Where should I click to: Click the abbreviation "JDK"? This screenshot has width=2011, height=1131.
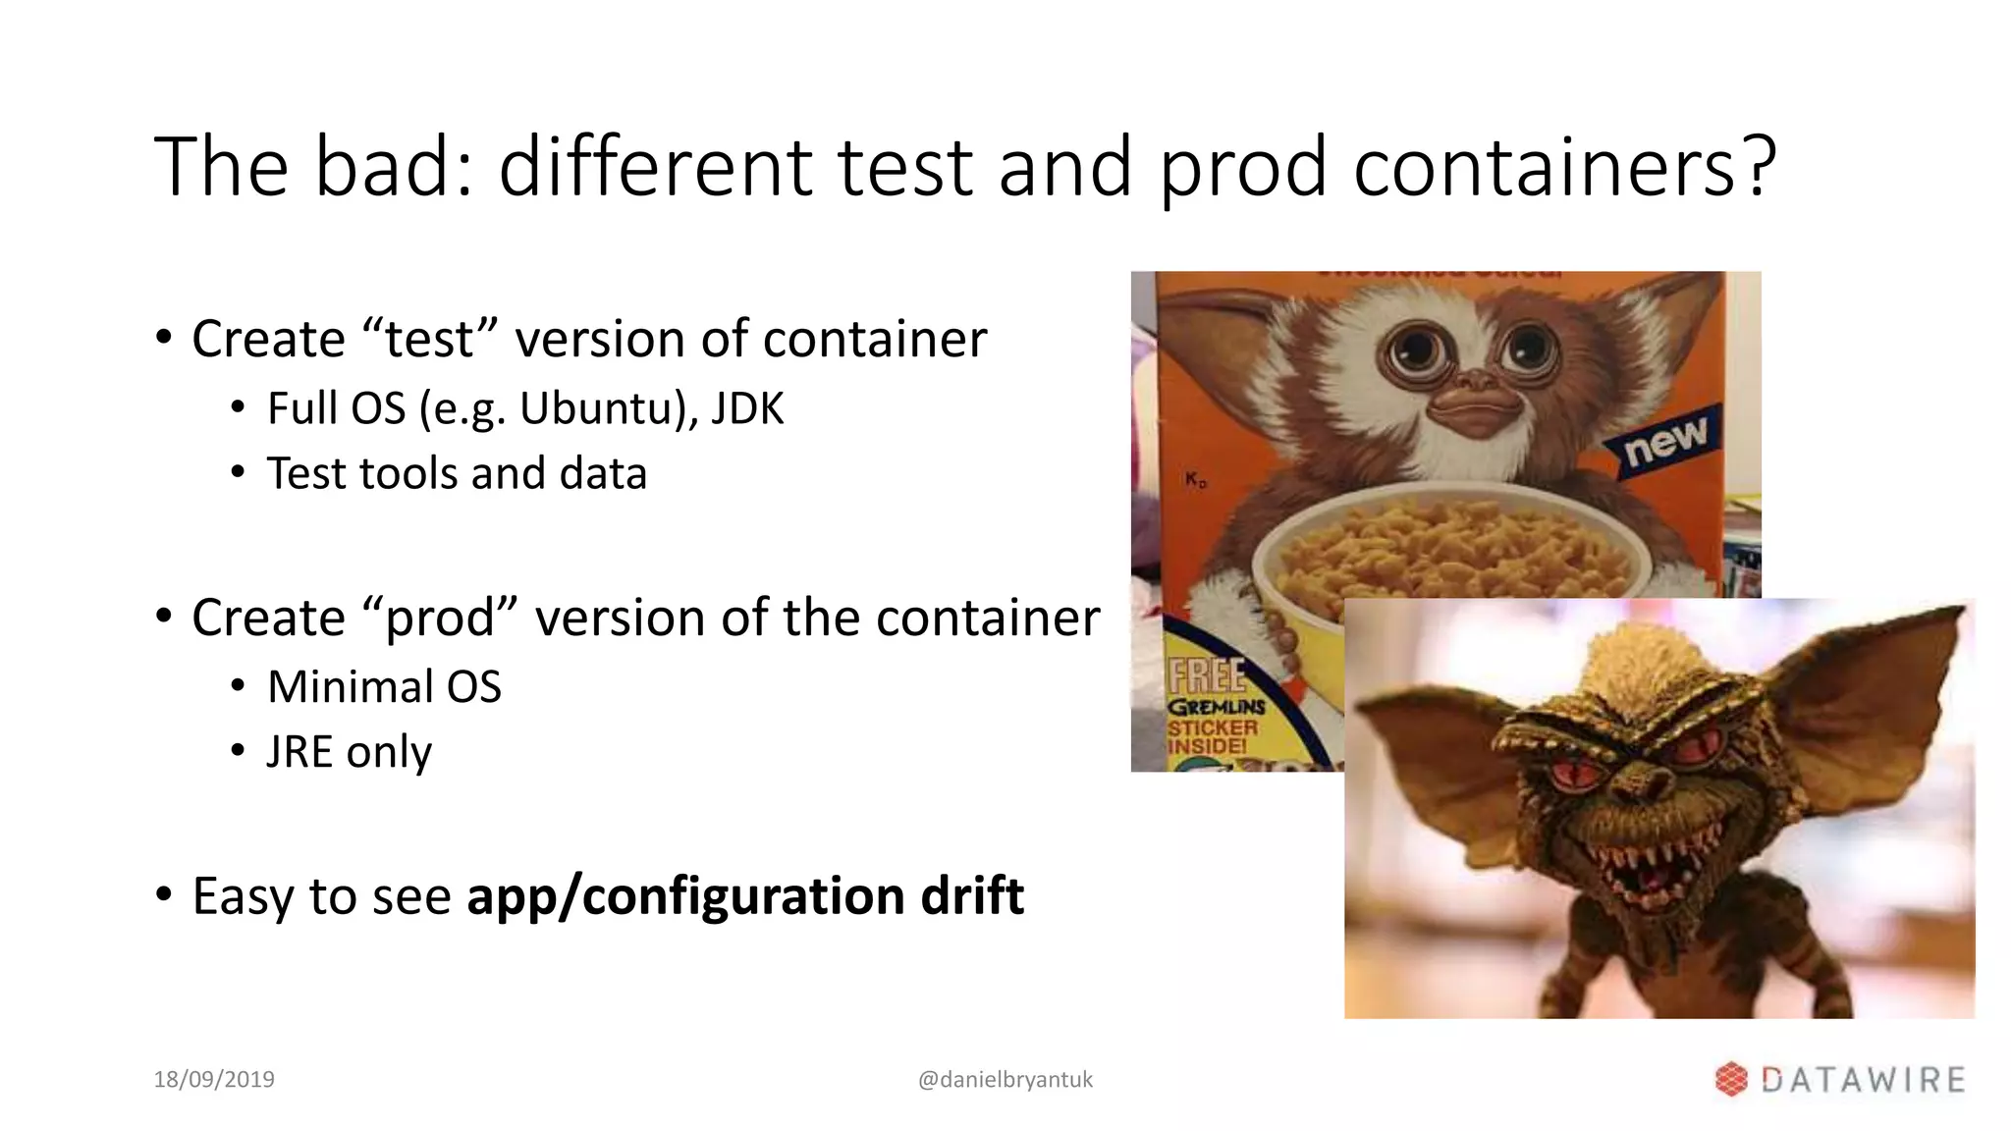pyautogui.click(x=747, y=408)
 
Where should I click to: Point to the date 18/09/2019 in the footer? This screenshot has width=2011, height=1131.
pyautogui.click(x=214, y=1079)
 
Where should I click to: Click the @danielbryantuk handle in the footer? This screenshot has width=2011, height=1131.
pyautogui.click(x=1005, y=1079)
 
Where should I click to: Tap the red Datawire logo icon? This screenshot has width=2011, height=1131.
pyautogui.click(x=1731, y=1079)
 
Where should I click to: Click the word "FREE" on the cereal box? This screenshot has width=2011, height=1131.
pyautogui.click(x=1206, y=676)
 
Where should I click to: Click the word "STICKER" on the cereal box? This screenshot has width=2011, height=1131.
pyautogui.click(x=1213, y=727)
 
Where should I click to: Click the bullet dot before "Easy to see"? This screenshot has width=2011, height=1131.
pyautogui.click(x=164, y=895)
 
